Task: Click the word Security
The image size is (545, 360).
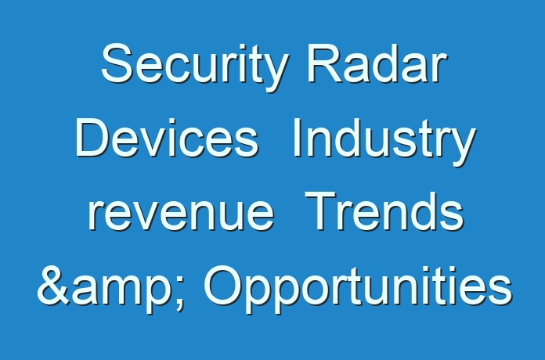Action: (x=195, y=67)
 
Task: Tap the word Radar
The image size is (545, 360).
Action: (x=377, y=63)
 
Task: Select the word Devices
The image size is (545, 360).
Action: (x=168, y=138)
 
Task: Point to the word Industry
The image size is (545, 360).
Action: (x=384, y=142)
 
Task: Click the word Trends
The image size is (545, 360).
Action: (x=384, y=211)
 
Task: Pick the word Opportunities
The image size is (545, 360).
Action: (x=358, y=289)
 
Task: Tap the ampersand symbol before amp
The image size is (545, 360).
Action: (x=54, y=286)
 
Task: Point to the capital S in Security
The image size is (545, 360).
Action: (x=117, y=63)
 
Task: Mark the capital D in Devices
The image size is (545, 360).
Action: (x=92, y=138)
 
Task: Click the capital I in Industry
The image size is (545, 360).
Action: (x=297, y=138)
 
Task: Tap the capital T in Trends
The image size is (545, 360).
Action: (x=321, y=211)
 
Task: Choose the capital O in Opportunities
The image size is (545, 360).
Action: (x=223, y=286)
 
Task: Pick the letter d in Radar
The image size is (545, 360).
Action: (x=392, y=63)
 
